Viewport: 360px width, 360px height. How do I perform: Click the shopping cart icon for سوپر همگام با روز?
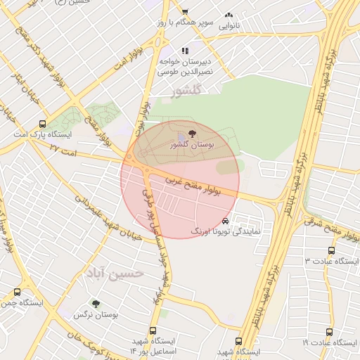(x=185, y=13)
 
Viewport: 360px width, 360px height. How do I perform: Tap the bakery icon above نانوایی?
(x=229, y=15)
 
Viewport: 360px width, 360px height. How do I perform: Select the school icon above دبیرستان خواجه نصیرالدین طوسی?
(x=185, y=51)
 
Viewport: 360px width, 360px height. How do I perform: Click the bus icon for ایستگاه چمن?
(x=17, y=291)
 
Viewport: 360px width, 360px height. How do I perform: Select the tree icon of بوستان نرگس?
(x=96, y=304)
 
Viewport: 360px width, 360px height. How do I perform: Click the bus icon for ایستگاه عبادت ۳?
(x=331, y=250)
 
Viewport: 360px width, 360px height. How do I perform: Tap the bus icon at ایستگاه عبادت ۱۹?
(x=329, y=332)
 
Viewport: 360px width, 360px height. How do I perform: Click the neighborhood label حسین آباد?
(x=114, y=271)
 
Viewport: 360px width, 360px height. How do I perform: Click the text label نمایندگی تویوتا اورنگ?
(x=226, y=231)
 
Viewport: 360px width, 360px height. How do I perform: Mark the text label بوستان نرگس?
(x=96, y=315)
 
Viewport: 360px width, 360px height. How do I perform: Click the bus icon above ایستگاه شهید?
(x=239, y=340)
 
